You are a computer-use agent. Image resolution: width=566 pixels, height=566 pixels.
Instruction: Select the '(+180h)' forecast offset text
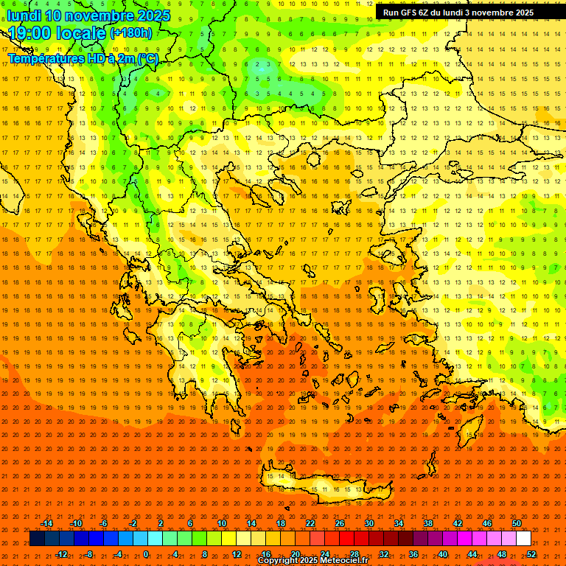tap(131, 33)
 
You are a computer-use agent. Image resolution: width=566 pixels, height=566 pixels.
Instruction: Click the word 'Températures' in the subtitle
tap(45, 58)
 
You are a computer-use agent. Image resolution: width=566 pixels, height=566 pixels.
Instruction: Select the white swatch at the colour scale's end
tap(523, 539)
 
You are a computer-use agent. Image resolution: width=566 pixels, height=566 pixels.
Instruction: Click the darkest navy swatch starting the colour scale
tap(37, 539)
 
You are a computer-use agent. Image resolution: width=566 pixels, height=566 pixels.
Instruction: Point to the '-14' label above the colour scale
tap(46, 523)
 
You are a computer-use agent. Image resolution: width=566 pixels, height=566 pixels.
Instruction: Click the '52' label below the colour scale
tap(531, 554)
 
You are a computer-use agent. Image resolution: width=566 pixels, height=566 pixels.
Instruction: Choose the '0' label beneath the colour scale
tap(146, 554)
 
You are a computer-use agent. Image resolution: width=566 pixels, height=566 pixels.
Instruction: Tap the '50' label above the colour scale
tap(517, 523)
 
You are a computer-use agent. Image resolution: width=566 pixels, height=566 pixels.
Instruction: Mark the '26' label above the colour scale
tap(340, 523)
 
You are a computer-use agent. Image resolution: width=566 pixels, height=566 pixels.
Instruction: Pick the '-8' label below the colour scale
tap(88, 554)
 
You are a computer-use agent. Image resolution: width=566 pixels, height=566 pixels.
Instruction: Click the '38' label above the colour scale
tap(428, 523)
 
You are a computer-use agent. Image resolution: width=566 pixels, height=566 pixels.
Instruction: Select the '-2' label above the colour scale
tap(133, 523)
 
